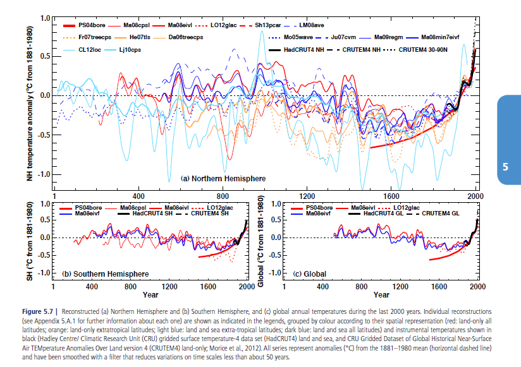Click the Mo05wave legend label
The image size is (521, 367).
(x=300, y=37)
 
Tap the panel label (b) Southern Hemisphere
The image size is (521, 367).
(x=106, y=274)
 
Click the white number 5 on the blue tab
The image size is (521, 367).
(x=505, y=167)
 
